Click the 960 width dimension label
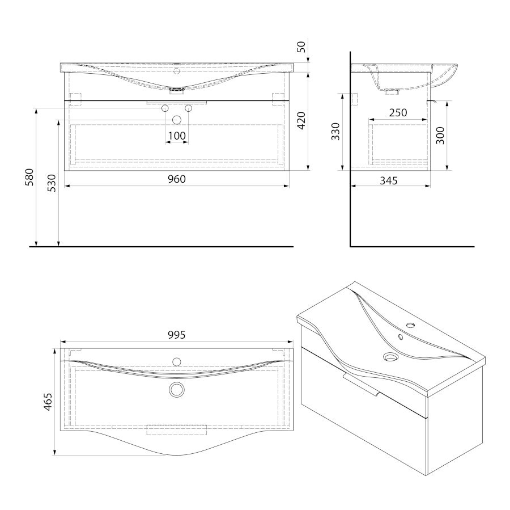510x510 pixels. point(177,179)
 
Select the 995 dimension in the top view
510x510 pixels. point(177,335)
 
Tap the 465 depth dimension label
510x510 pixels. point(48,402)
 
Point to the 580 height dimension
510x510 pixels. point(29,177)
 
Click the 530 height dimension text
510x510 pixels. point(52,183)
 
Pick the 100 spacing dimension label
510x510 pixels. point(177,136)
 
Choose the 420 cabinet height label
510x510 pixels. point(301,120)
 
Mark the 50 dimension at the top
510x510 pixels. point(302,47)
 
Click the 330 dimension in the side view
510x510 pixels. point(335,132)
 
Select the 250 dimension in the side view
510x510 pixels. point(398,113)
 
